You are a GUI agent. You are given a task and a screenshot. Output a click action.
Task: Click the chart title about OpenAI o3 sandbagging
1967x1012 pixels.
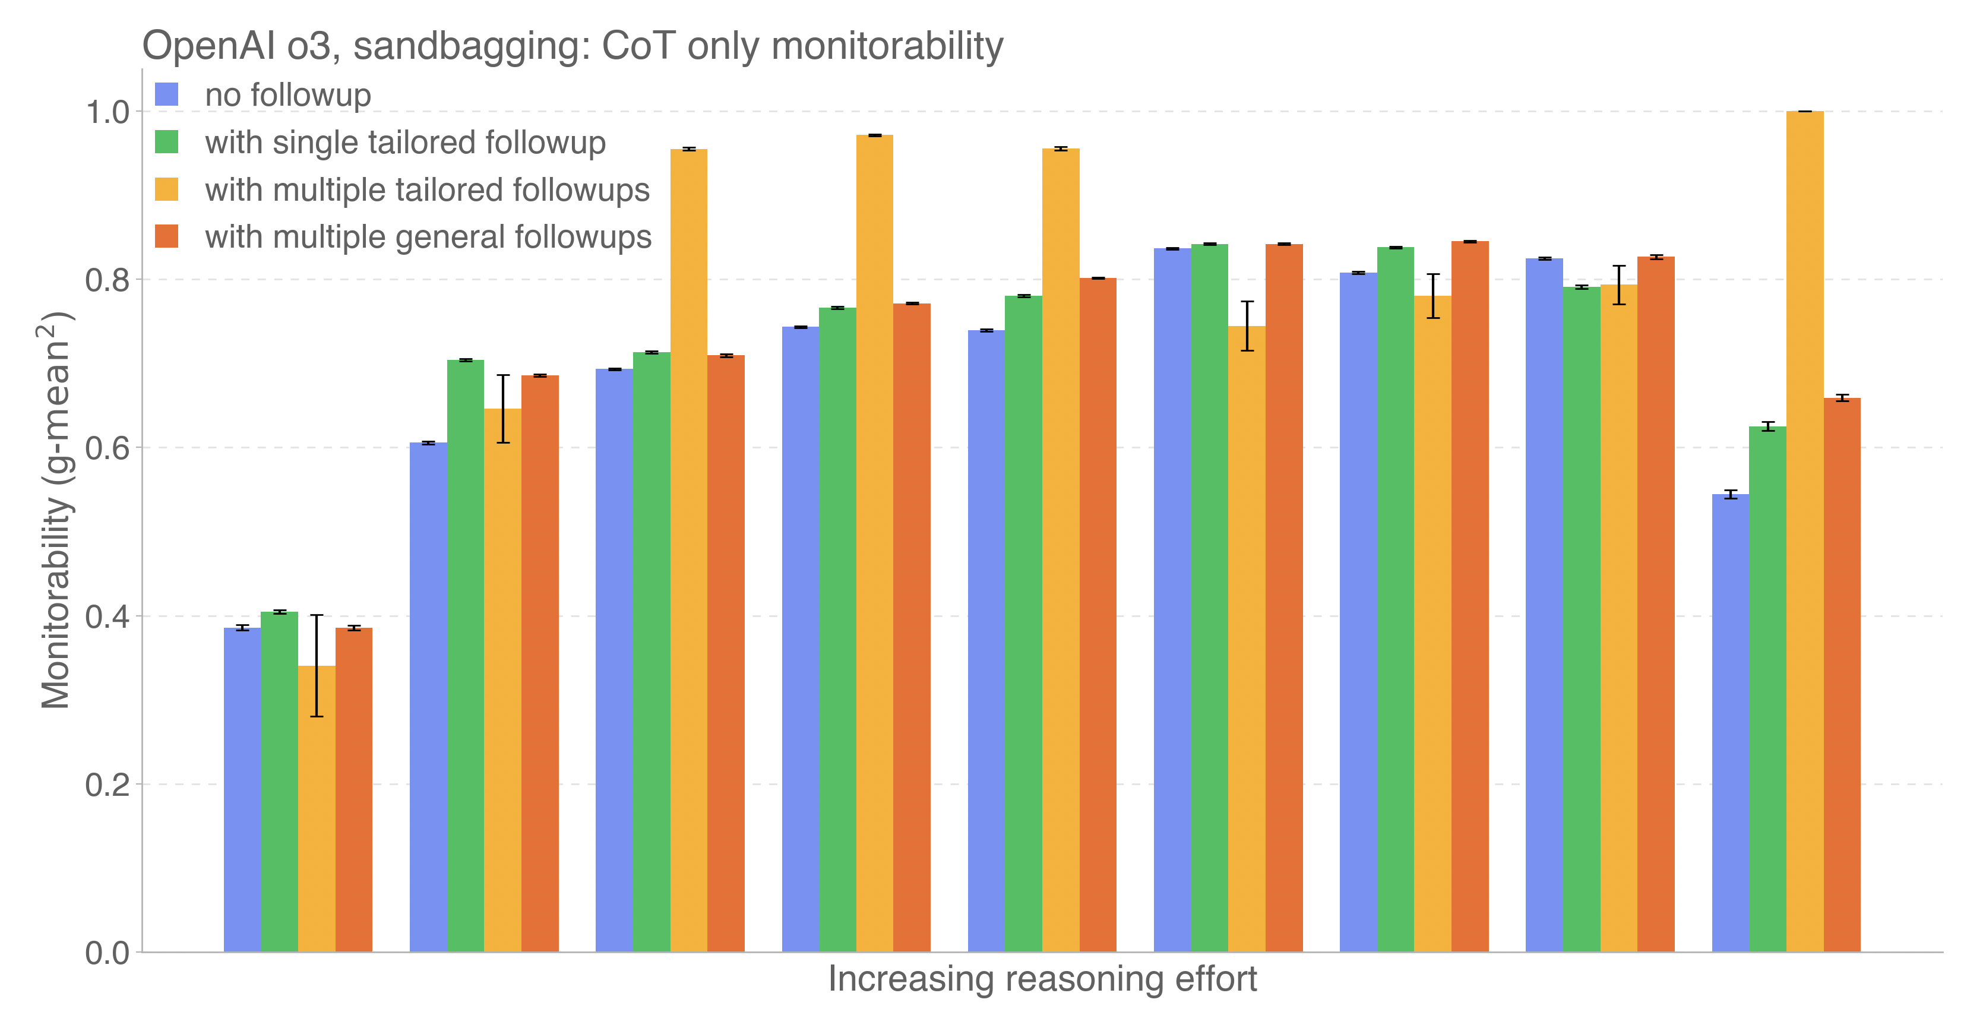(573, 46)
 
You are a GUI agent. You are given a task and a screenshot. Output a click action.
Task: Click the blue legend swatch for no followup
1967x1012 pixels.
(166, 94)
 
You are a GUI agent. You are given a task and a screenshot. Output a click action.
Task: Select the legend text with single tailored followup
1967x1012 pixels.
(404, 143)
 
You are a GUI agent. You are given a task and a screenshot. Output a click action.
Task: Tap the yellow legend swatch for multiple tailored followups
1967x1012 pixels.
(166, 189)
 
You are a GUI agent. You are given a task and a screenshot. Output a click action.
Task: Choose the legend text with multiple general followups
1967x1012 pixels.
(428, 237)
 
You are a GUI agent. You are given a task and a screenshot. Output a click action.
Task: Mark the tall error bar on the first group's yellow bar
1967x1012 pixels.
(317, 665)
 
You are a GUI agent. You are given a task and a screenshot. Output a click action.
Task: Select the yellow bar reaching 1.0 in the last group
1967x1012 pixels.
(1804, 535)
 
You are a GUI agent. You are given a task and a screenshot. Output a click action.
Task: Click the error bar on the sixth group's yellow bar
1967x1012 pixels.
(1247, 326)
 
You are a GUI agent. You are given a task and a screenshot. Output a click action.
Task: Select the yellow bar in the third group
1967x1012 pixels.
(689, 550)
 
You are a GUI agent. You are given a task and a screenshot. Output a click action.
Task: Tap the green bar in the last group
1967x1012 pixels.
(1767, 687)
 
